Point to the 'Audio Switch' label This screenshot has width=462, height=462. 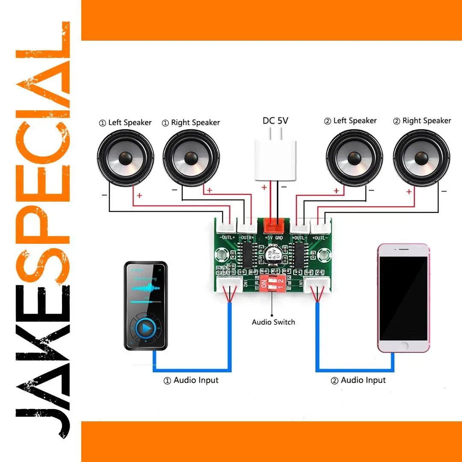click(x=273, y=322)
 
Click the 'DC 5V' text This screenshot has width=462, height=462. click(x=275, y=121)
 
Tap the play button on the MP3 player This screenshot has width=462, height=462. click(x=146, y=328)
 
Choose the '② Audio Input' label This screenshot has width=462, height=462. click(x=358, y=380)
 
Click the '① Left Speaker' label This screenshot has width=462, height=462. click(x=125, y=123)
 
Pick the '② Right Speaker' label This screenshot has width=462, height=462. click(x=422, y=121)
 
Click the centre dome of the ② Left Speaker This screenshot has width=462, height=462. click(x=354, y=157)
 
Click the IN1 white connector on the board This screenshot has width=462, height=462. click(x=317, y=284)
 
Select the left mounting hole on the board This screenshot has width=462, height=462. click(x=222, y=256)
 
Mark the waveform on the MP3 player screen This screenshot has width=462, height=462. click(x=145, y=287)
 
